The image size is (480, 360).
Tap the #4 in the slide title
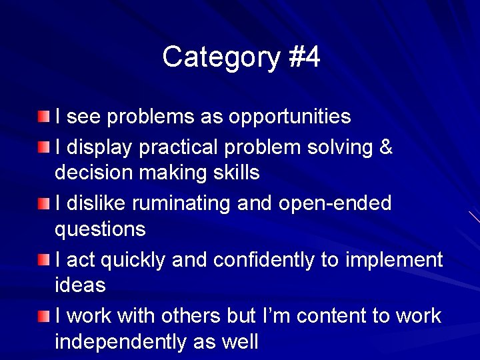click(x=305, y=58)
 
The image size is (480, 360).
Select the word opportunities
click(x=289, y=117)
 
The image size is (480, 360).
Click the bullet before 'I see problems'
click(x=43, y=117)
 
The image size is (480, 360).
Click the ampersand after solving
click(x=385, y=146)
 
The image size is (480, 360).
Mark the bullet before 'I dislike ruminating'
click(x=43, y=203)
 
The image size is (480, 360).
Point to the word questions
click(x=100, y=230)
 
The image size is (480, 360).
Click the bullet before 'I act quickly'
click(x=43, y=259)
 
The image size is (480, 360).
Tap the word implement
click(x=393, y=259)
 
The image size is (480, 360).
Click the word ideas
click(x=80, y=285)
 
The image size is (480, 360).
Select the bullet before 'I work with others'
click(x=43, y=315)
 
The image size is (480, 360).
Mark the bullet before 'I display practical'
click(x=43, y=147)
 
